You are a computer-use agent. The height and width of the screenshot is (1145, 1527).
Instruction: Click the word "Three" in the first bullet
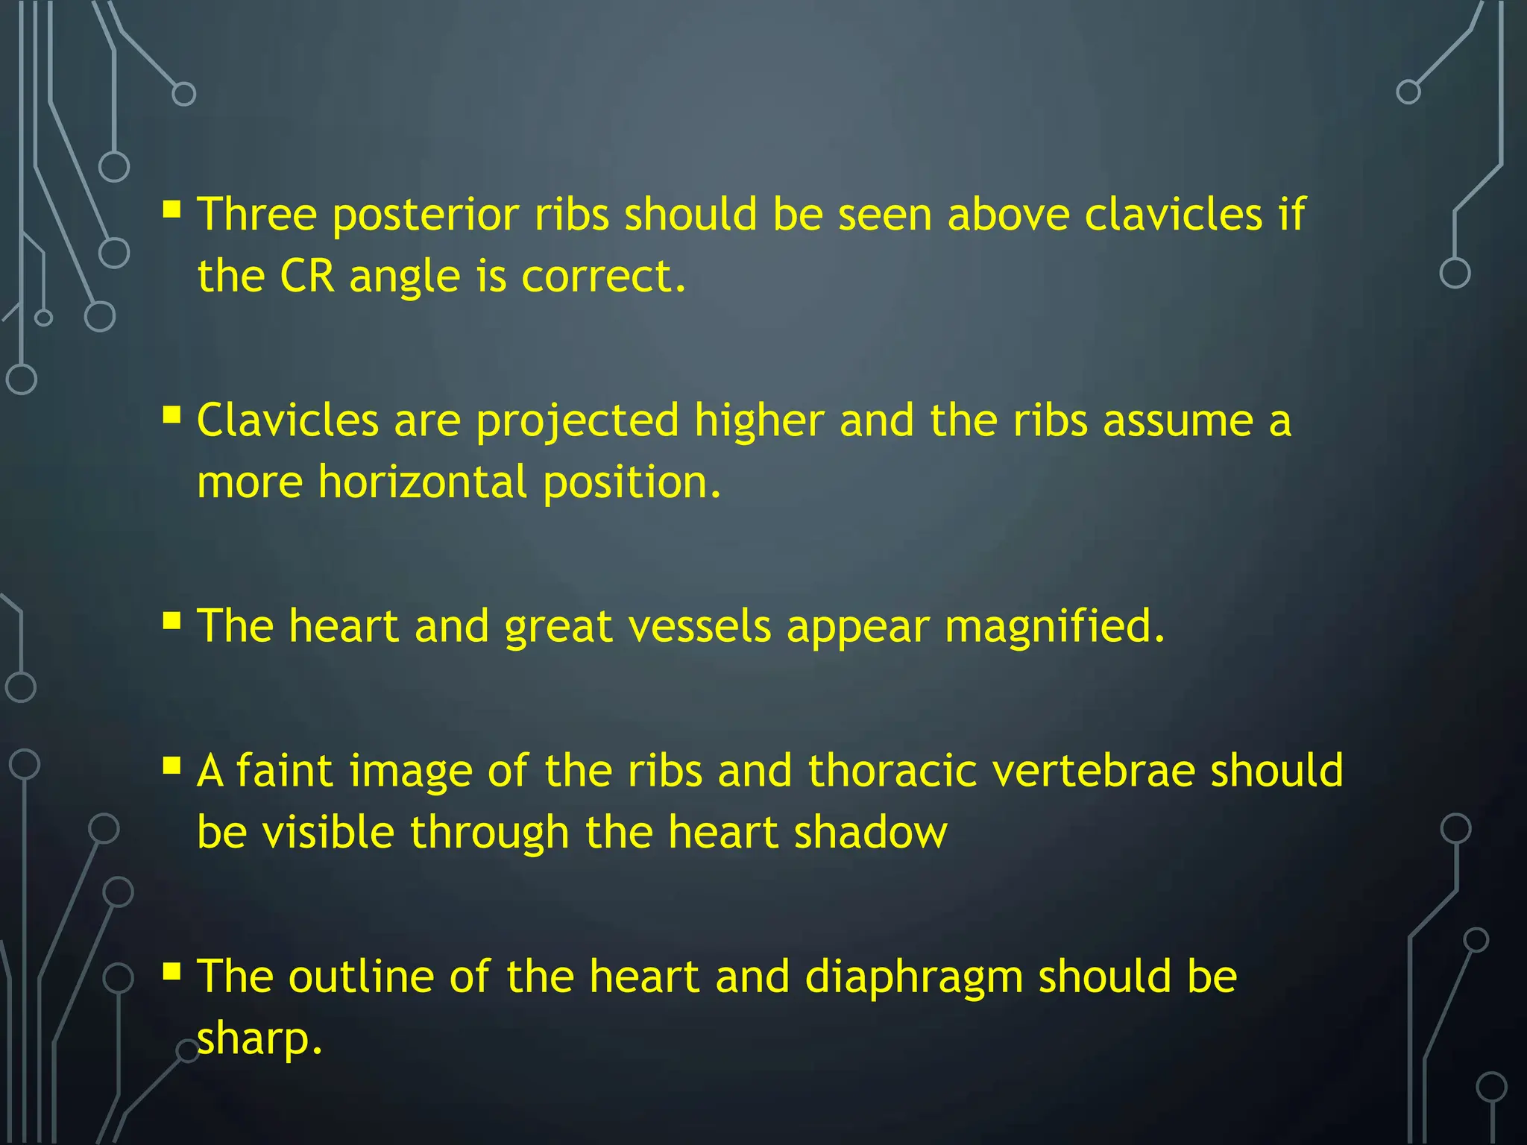(x=257, y=215)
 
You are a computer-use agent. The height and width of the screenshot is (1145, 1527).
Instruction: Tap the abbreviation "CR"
(x=306, y=277)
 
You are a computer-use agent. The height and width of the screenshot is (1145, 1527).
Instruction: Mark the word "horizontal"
(x=423, y=482)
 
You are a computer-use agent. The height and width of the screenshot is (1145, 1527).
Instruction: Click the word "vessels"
(x=699, y=626)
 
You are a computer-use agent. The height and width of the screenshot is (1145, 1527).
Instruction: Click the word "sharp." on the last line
(x=259, y=1041)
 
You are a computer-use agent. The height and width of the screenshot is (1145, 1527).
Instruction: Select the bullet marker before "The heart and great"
(x=172, y=620)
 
